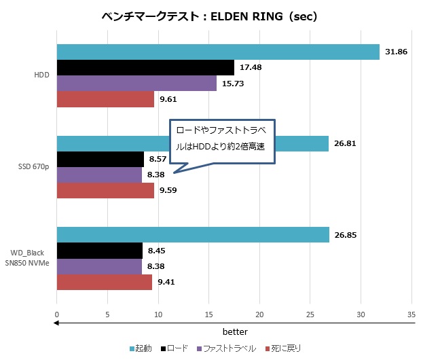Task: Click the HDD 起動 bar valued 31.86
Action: coord(217,52)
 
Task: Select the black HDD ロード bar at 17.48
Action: coord(145,67)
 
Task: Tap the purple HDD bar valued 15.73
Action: coord(136,84)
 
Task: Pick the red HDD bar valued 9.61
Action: coord(105,99)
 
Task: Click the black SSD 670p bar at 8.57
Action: coord(100,160)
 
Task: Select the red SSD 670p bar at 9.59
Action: coord(105,191)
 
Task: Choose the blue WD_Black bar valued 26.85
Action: coord(193,235)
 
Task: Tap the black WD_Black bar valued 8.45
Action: coord(99,251)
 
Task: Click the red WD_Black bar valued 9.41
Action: coord(104,282)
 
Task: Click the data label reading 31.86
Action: coord(396,52)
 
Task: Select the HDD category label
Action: coord(41,75)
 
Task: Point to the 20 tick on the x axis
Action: coord(259,315)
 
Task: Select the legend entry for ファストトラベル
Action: coord(227,348)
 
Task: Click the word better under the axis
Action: coord(235,331)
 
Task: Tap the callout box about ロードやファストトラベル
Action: coord(222,140)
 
